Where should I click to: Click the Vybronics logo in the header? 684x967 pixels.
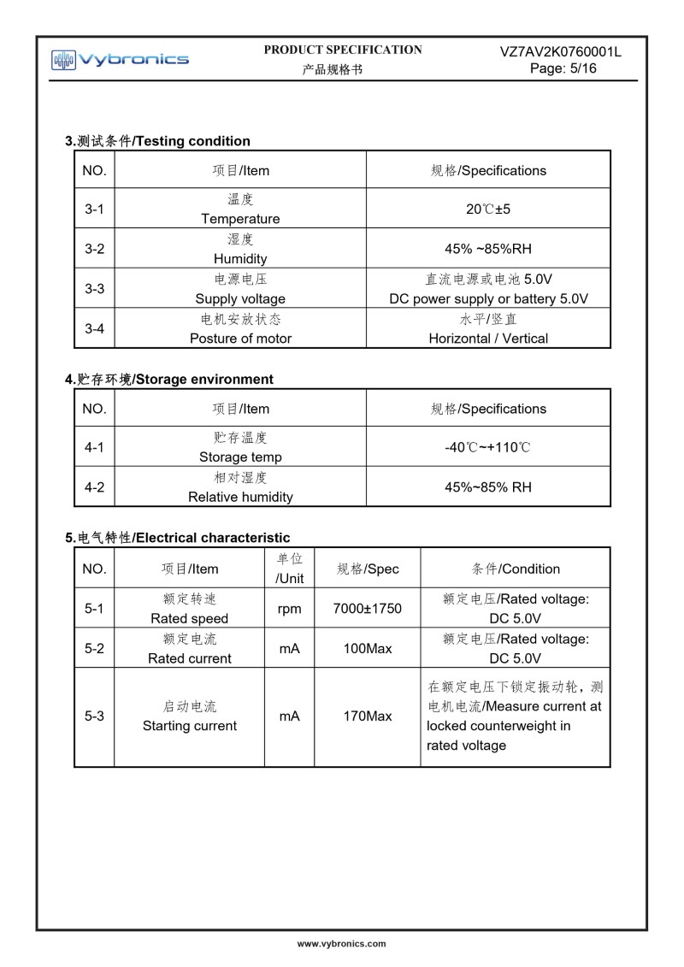pos(120,59)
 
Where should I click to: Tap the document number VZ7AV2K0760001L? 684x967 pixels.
pos(560,52)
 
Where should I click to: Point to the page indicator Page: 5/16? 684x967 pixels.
pos(563,68)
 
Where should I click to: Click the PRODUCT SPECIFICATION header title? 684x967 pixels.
pos(342,50)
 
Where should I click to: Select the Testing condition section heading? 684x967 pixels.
pos(158,141)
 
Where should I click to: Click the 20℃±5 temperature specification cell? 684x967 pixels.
pos(488,209)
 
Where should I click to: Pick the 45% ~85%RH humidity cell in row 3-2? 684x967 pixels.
pos(488,249)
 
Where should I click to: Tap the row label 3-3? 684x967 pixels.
pos(94,289)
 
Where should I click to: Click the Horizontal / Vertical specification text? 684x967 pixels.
pos(488,339)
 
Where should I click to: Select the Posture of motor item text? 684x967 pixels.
pos(240,339)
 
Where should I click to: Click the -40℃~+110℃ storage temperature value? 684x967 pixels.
pos(488,447)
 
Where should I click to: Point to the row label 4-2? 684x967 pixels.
pos(94,487)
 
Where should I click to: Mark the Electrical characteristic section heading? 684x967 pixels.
pos(178,538)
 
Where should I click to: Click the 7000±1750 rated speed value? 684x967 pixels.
pos(367,609)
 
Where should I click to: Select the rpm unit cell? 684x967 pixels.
pos(289,609)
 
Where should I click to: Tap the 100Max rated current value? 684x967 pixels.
pos(367,649)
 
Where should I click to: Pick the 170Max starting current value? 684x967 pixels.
pos(367,716)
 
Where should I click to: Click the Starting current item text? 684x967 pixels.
pos(190,726)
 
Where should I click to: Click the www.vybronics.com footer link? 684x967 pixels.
pos(341,944)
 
